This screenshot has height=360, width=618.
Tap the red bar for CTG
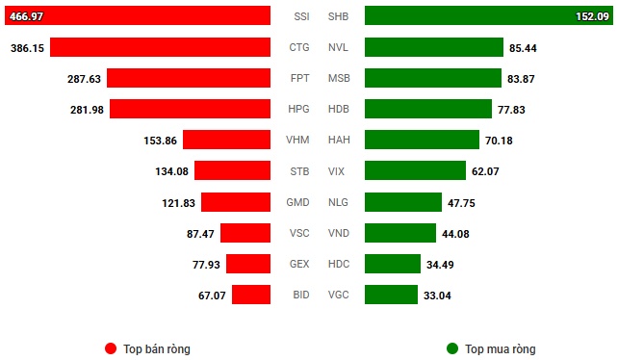pos(160,47)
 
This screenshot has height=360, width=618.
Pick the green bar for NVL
pos(434,47)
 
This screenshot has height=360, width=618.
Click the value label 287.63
pos(83,78)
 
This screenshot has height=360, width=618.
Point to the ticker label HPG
pos(298,109)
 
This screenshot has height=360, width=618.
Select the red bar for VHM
pos(226,140)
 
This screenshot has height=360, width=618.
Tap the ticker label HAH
pos(339,140)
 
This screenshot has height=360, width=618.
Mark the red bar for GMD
pos(235,202)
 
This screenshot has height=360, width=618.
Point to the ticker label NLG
pos(339,202)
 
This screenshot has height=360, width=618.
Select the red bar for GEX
pos(247,264)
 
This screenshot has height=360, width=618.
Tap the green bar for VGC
pos(391,295)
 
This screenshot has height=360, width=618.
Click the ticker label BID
pos(298,295)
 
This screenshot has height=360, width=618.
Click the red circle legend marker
pos(111,348)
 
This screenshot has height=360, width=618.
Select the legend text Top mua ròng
pos(501,348)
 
